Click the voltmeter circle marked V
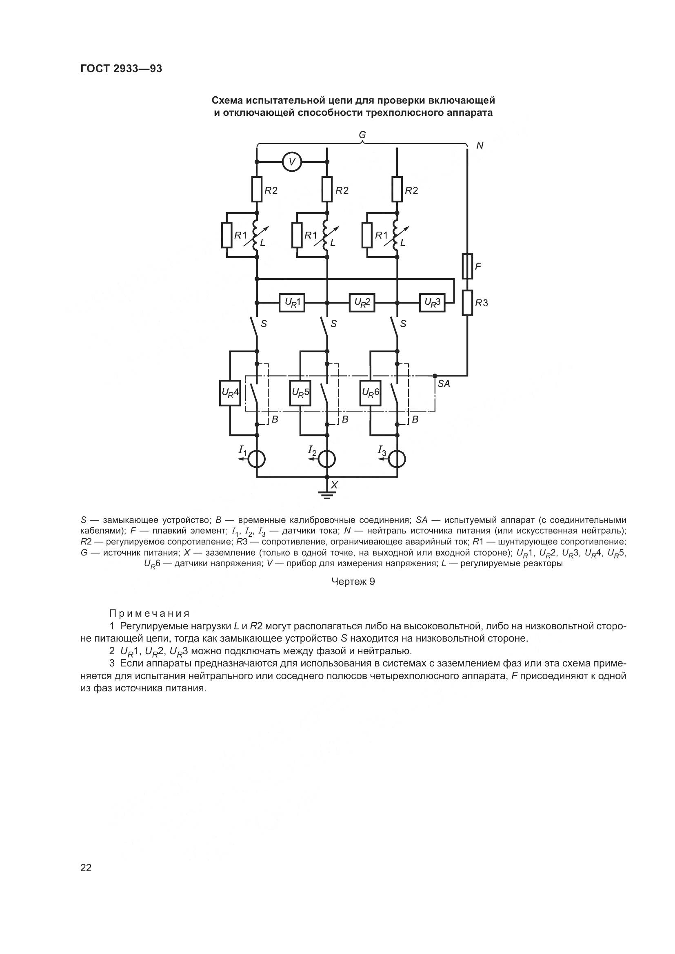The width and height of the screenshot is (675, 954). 292,162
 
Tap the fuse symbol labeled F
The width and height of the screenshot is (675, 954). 468,266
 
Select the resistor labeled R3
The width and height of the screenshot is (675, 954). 468,303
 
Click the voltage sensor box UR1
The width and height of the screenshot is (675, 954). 292,303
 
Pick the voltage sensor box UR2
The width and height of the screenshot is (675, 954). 362,303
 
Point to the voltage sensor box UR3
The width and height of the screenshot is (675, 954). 432,303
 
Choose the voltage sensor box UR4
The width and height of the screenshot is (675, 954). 230,393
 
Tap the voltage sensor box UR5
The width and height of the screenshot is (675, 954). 300,393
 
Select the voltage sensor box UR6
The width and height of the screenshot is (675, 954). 370,393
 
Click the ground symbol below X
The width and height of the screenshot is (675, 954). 327,495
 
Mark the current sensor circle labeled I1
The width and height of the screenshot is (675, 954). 256,460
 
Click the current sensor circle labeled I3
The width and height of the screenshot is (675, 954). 397,460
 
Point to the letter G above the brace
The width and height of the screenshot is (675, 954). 362,135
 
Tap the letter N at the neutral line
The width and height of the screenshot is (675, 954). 480,146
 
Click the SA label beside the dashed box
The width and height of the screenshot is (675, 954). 444,384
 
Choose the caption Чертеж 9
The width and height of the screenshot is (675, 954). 353,582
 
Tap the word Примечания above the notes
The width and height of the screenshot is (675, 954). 150,614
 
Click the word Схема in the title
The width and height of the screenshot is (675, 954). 227,101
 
